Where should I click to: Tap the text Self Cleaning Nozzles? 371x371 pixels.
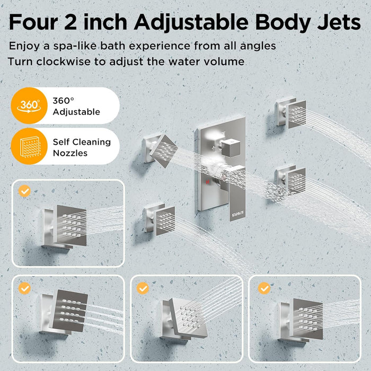[x=82, y=147]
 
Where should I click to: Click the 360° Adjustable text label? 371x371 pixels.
[x=76, y=105]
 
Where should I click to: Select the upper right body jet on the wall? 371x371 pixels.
[x=290, y=112]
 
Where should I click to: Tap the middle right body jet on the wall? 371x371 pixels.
[x=290, y=180]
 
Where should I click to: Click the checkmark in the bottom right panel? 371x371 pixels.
[x=264, y=288]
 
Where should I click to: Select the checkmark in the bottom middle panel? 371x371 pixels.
[x=143, y=288]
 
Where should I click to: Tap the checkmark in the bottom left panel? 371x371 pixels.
[x=24, y=288]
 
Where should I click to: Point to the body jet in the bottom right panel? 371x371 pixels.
[x=302, y=318]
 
